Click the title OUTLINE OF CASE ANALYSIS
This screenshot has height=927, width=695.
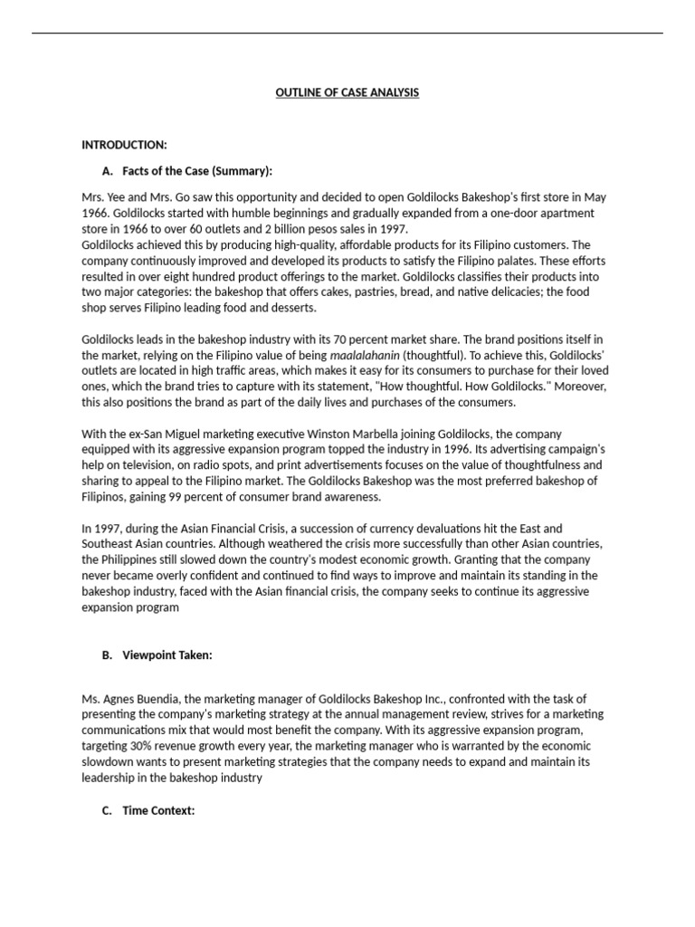click(347, 93)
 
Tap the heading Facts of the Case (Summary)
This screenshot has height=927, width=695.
click(196, 170)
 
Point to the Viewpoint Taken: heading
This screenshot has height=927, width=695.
click(167, 655)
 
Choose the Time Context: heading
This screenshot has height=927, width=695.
click(158, 810)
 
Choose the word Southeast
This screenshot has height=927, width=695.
click(109, 543)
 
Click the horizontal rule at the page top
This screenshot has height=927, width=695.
click(347, 34)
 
